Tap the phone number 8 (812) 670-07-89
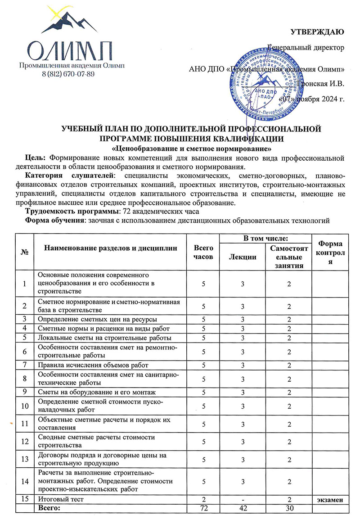[x=67, y=74]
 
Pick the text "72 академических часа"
[x=164, y=211]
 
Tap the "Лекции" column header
[x=243, y=257]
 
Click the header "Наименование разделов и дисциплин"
[x=111, y=248]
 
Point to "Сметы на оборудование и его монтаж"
[x=96, y=392]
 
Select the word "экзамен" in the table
[x=331, y=499]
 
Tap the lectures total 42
[x=243, y=508]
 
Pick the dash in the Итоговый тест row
[x=243, y=499]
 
